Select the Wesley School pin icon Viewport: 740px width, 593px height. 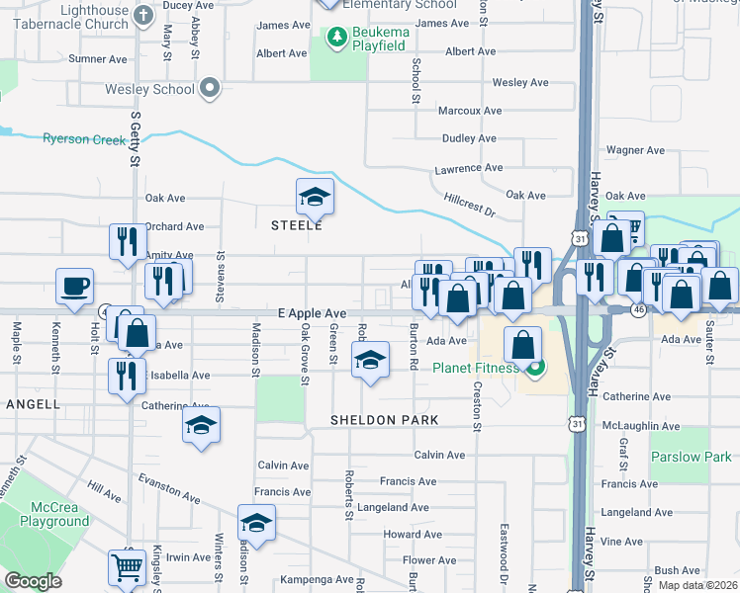(209, 89)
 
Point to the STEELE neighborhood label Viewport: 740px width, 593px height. (298, 225)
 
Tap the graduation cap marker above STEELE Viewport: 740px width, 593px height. (315, 197)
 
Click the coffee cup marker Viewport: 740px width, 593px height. (74, 287)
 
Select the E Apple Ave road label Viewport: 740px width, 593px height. (312, 312)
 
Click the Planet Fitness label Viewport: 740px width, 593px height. (476, 369)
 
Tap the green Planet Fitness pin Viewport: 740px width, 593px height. (535, 370)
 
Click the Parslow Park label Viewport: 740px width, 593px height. (691, 457)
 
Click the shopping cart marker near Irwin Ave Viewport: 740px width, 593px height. (128, 566)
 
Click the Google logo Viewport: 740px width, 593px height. (33, 581)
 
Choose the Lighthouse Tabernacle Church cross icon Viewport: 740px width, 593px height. (142, 14)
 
